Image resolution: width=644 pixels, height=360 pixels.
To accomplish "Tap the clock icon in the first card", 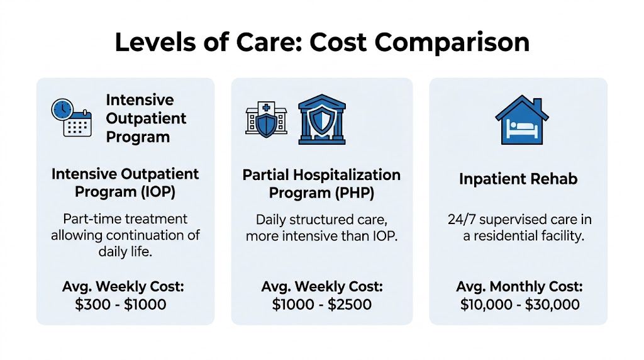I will pyautogui.click(x=62, y=109).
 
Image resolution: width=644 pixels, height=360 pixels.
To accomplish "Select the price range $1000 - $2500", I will pyautogui.click(x=321, y=305).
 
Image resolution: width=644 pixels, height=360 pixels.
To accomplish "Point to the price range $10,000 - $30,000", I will pyautogui.click(x=519, y=305).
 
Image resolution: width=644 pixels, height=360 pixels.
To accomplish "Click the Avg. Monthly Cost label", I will pyautogui.click(x=519, y=287).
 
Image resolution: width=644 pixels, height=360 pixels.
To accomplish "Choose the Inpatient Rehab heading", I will pyautogui.click(x=519, y=179).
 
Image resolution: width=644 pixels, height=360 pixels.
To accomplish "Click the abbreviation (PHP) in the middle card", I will pyautogui.click(x=350, y=193).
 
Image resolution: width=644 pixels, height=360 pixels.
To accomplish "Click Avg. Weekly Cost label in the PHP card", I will pyautogui.click(x=321, y=287).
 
